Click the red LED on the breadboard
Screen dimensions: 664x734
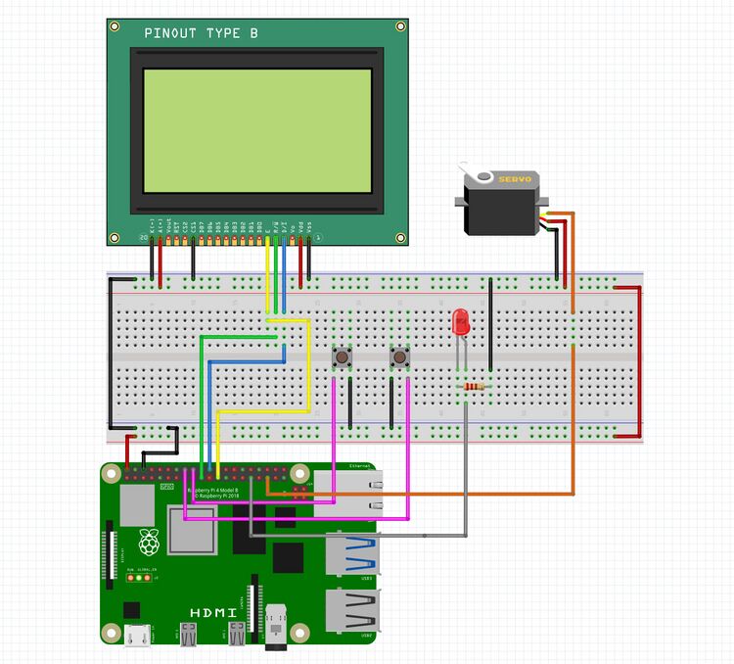(461, 322)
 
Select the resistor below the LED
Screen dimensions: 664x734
(475, 387)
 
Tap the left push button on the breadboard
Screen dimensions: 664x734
(343, 357)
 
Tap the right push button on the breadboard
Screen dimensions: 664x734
(399, 357)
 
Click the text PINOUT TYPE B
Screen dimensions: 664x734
(202, 33)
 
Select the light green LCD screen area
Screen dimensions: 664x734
(257, 130)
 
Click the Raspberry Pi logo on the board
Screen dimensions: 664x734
(149, 542)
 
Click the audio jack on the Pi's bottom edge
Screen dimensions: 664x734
(281, 627)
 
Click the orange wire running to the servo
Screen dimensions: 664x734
(573, 392)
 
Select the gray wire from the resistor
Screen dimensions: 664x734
(464, 460)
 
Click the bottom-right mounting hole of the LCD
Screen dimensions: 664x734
(399, 236)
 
